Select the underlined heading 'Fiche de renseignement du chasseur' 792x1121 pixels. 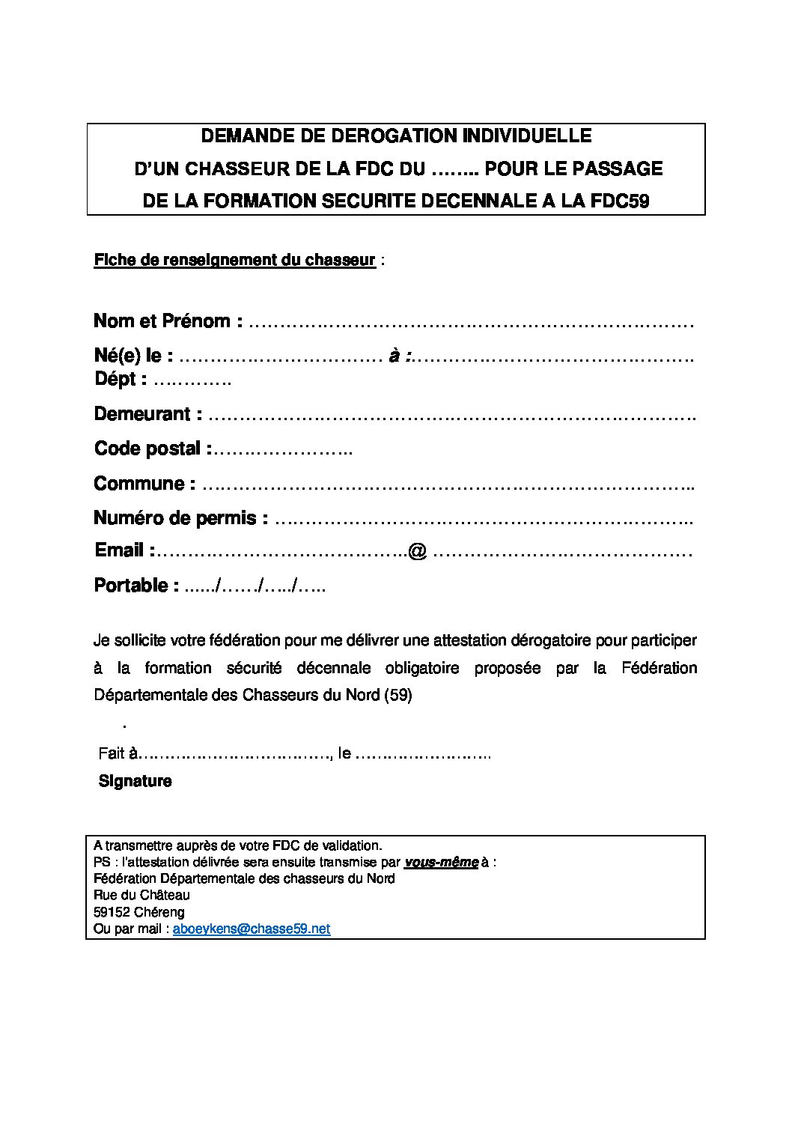point(234,261)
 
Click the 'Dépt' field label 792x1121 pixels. point(116,379)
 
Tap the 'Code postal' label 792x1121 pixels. point(147,449)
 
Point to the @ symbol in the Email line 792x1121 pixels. point(418,552)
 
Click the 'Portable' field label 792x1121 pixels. point(131,586)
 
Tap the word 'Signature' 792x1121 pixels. point(135,781)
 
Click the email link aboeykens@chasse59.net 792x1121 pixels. point(252,929)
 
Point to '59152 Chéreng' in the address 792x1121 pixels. point(139,912)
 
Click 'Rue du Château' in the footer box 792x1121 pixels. point(142,895)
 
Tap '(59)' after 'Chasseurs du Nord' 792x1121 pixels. point(397,695)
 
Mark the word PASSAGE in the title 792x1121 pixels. point(618,168)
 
